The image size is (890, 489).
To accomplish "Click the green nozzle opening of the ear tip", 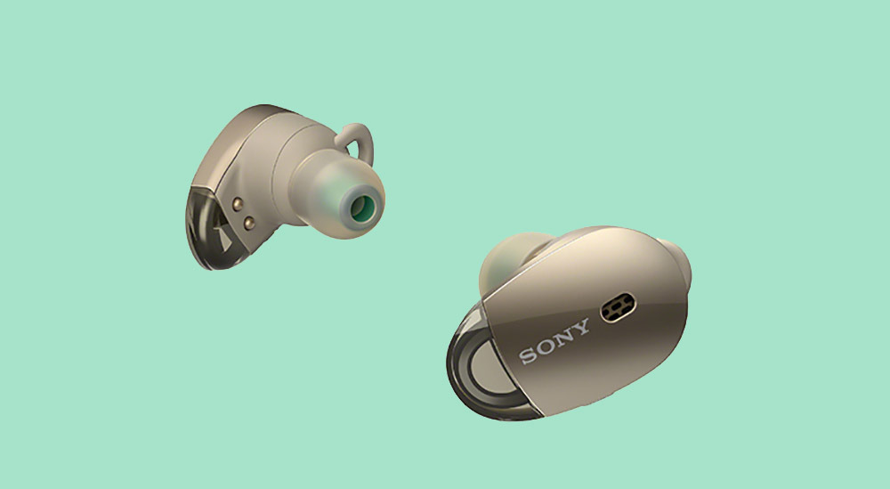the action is [361, 208].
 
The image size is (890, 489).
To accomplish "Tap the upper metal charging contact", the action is [238, 204].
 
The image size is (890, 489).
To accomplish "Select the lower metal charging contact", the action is [249, 224].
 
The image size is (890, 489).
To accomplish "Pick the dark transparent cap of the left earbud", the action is [214, 227].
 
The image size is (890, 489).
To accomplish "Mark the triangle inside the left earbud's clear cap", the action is [222, 236].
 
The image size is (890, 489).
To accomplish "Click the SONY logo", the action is [554, 341].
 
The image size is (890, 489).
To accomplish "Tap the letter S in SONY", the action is [529, 355].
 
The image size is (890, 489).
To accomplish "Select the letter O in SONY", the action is [546, 346].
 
